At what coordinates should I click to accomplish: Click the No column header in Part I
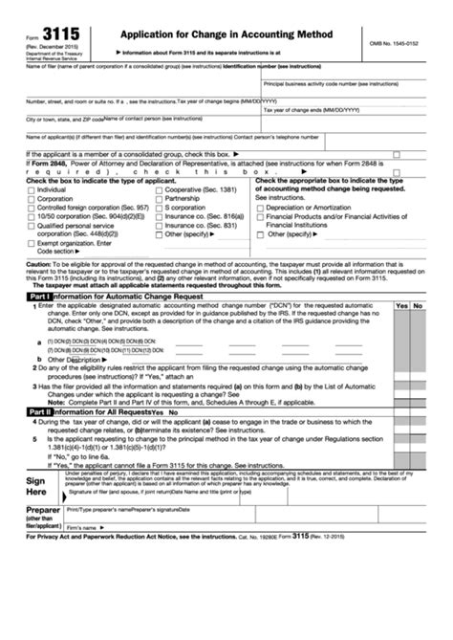(425, 305)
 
